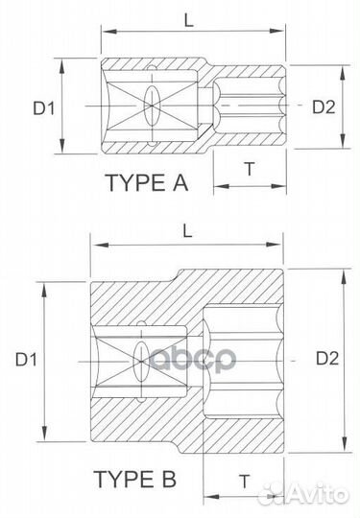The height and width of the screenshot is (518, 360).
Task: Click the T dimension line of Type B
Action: point(244,499)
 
